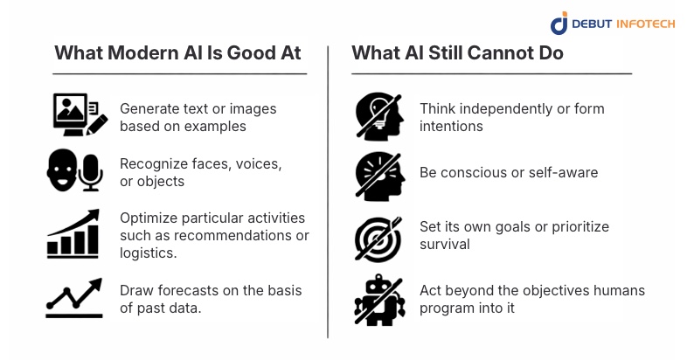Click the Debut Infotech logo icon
pos(559,23)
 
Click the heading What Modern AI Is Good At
pos(177,53)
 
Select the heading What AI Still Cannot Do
pos(457,53)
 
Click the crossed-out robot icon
pos(378,299)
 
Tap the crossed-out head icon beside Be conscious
pos(378,174)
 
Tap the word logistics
pos(148,253)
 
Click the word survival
pos(443,245)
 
